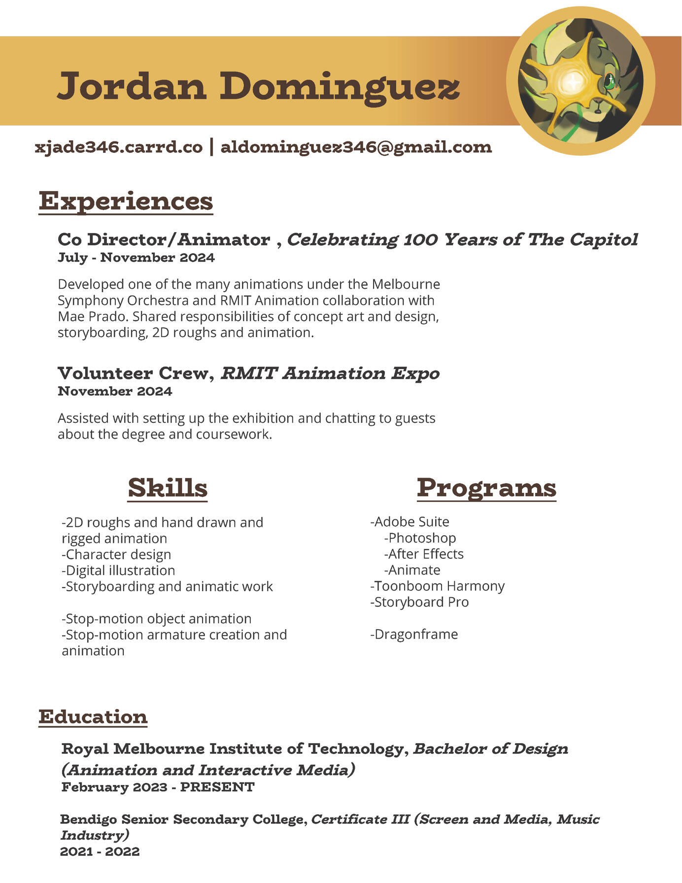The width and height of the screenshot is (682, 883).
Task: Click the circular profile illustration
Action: coord(580,81)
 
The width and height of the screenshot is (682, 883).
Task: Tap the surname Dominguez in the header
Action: coord(340,87)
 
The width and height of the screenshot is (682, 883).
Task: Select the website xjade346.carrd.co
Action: coord(119,147)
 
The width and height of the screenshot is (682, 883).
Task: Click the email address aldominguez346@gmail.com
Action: coord(356,147)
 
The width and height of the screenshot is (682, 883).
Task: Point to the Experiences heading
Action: coord(126,202)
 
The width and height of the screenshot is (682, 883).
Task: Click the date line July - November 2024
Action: coord(136,258)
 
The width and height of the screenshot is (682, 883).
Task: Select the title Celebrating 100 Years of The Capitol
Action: coord(462,239)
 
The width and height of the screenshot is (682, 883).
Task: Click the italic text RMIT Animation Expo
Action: coord(330,374)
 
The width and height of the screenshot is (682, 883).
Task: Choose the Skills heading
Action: coord(168,488)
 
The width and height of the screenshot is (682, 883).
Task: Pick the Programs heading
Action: coord(486,488)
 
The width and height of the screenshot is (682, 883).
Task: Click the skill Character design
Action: coord(117,554)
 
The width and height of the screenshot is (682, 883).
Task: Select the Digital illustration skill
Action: coord(119,571)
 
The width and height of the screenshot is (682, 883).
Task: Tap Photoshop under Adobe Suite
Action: coord(420,538)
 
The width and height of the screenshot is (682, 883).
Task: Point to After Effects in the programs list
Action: coord(424,554)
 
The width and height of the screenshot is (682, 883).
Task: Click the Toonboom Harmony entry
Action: coord(438,586)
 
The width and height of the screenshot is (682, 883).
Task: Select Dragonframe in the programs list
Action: coord(414,634)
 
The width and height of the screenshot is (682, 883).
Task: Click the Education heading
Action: coord(93,717)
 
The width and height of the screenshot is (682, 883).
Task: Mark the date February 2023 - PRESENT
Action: coord(158,787)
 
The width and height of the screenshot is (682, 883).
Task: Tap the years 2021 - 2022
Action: coord(100,851)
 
